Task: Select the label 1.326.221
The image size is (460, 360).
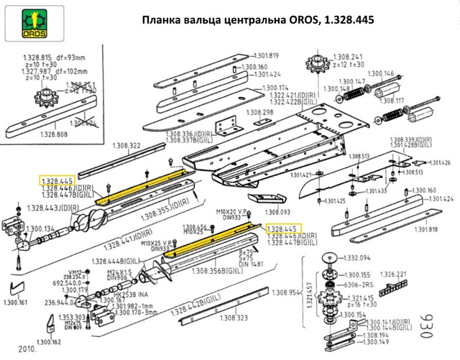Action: click(x=392, y=274)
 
